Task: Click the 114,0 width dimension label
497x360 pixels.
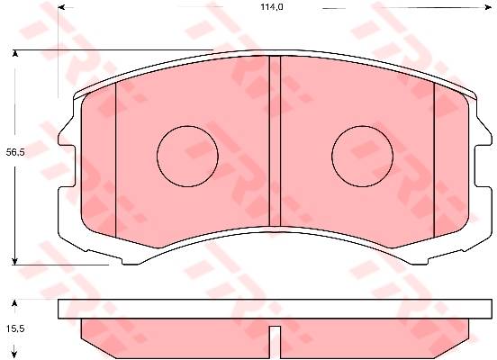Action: click(272, 6)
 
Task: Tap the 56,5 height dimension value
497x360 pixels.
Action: click(15, 152)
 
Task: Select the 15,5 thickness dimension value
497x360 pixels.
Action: click(15, 328)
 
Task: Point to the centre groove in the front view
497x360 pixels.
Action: click(275, 144)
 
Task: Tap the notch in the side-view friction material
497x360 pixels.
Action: click(275, 342)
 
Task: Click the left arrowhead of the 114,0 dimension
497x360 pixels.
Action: click(61, 6)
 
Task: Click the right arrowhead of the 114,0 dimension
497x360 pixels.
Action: click(488, 6)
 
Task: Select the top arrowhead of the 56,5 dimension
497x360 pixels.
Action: click(14, 53)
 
